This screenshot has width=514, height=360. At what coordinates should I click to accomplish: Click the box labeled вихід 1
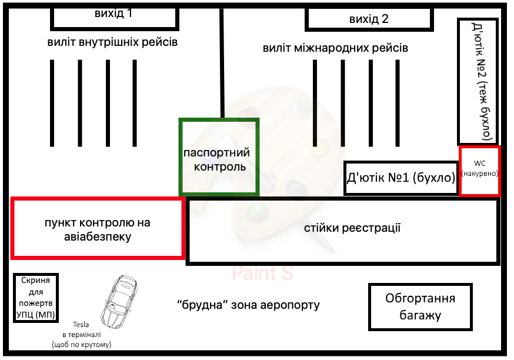115,16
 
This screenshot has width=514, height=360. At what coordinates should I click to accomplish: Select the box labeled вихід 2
368,19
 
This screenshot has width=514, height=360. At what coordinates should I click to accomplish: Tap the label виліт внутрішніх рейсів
112,42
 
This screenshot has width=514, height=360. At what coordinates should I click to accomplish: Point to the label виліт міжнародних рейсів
335,48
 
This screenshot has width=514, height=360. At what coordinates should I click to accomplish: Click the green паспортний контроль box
219,157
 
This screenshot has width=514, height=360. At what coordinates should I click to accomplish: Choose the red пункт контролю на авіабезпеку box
98,229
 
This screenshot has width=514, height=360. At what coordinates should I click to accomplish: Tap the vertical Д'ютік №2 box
478,81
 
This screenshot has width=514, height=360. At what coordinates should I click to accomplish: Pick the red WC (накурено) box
480,171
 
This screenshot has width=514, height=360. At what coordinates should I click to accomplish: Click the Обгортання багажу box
420,307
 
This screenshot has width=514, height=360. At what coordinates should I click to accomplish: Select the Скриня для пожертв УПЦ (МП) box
36,298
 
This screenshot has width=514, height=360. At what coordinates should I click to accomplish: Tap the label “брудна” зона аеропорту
248,305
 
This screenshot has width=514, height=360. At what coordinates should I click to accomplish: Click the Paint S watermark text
262,273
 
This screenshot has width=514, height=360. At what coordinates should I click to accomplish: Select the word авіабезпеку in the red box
98,237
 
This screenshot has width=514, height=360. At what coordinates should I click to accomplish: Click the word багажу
420,315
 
